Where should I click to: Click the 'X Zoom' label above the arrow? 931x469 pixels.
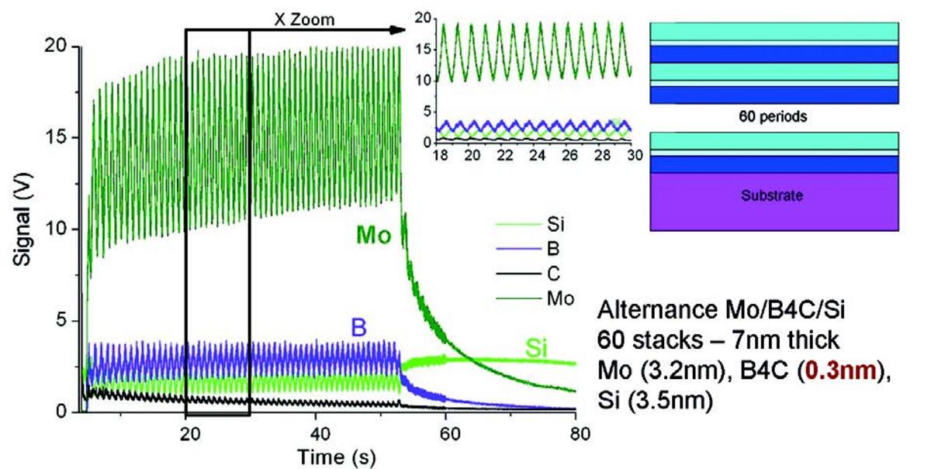[x=305, y=19]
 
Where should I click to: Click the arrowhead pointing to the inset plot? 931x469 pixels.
[x=398, y=30]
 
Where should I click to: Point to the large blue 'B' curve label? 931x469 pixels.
[x=358, y=328]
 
